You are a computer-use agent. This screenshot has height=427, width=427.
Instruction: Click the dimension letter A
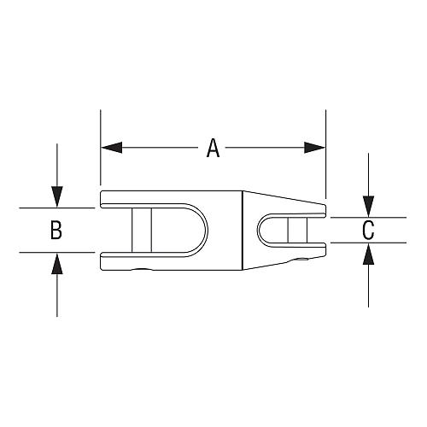[x=213, y=149]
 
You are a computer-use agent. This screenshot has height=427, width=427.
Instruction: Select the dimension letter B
[x=56, y=230]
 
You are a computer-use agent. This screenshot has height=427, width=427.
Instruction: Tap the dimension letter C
[x=368, y=230]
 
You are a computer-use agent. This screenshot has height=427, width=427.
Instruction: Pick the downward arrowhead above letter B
[x=56, y=199]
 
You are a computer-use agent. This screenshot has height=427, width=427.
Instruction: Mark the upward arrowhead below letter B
[x=56, y=261]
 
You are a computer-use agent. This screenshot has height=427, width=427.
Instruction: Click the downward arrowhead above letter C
[x=368, y=208]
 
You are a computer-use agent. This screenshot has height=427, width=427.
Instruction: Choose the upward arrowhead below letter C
[x=368, y=252]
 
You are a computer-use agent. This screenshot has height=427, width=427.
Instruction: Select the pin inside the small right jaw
[x=297, y=230]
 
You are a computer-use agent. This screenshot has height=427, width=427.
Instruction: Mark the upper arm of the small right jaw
[x=299, y=208]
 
